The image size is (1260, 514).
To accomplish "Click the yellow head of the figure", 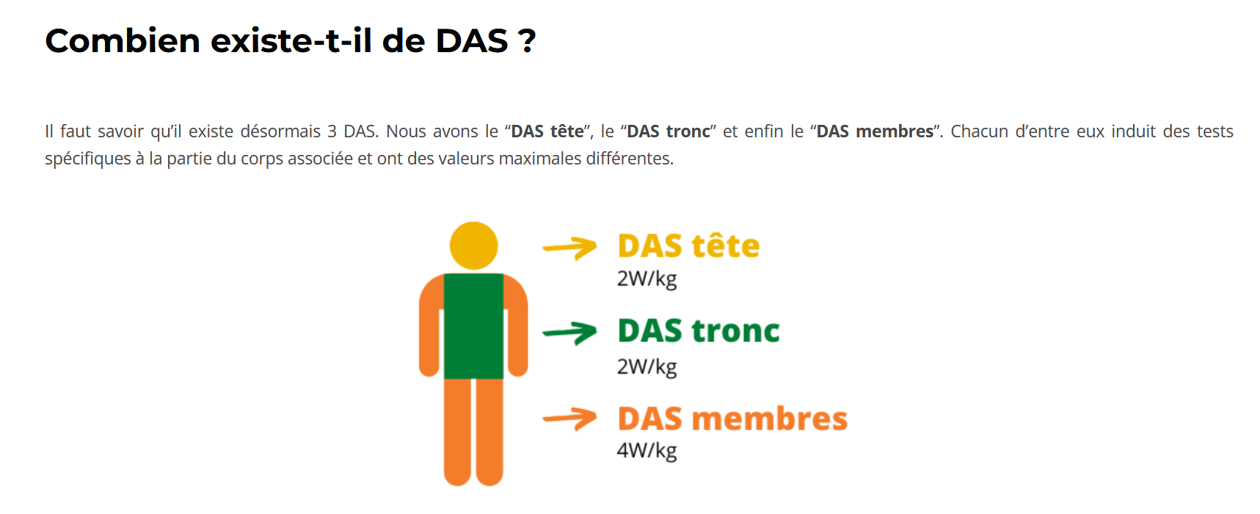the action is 473,245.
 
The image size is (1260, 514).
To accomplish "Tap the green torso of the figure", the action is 473,326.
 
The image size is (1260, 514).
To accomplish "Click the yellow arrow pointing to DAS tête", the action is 569,248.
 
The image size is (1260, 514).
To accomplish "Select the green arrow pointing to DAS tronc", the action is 569,333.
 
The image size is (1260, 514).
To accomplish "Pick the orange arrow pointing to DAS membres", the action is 569,419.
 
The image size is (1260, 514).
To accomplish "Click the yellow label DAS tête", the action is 688,246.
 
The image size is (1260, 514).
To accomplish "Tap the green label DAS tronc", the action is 699,331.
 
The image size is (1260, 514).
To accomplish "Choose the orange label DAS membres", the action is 732,419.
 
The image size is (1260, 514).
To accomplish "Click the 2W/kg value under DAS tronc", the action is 647,366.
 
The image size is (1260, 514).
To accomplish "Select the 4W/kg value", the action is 647,450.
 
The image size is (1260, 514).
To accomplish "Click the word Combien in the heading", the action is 123,40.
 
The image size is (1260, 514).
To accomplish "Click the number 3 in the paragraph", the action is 332,131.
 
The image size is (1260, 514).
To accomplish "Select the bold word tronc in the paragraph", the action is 688,131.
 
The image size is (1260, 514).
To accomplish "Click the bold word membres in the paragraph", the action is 895,131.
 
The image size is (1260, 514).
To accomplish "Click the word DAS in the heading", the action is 472,41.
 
